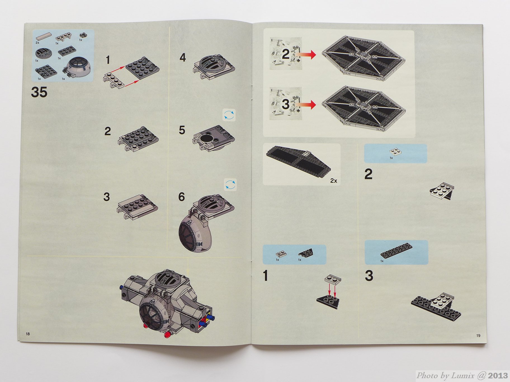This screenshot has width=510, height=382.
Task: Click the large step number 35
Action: (x=39, y=92)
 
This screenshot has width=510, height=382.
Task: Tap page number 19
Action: (x=478, y=335)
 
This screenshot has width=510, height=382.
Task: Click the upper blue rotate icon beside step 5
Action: (x=229, y=115)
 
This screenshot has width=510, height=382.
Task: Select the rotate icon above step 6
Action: (x=230, y=185)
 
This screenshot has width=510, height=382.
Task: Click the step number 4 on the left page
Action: (x=183, y=58)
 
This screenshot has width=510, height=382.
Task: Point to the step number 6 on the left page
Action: (x=181, y=197)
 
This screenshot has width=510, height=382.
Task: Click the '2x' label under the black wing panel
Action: (x=334, y=181)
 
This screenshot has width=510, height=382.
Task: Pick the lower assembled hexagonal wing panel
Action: (x=363, y=107)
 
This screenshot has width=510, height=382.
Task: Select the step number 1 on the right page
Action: (x=266, y=276)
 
